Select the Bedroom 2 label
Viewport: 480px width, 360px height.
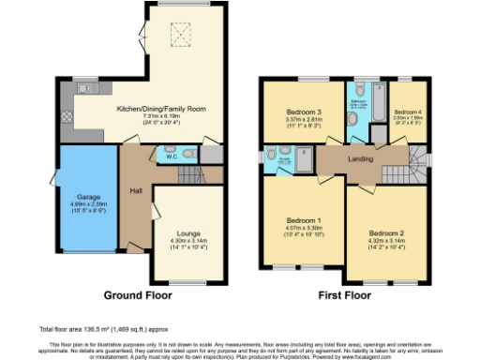point(385,232)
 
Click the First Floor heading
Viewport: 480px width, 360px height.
point(343,293)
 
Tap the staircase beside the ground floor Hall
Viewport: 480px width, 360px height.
point(192,174)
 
